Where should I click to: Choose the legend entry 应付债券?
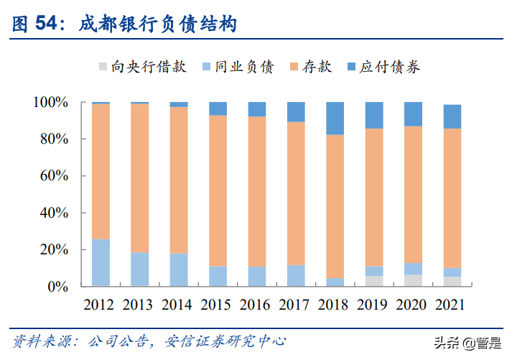click(390, 67)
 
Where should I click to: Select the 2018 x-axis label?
click(335, 304)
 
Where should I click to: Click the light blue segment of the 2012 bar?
click(101, 262)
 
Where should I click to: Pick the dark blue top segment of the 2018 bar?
click(335, 119)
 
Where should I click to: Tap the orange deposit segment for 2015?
click(218, 190)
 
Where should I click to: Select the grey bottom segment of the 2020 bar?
click(413, 280)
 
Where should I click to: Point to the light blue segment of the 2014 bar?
click(179, 269)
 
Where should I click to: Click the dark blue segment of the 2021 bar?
click(452, 116)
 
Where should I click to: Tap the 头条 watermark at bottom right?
click(460, 344)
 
